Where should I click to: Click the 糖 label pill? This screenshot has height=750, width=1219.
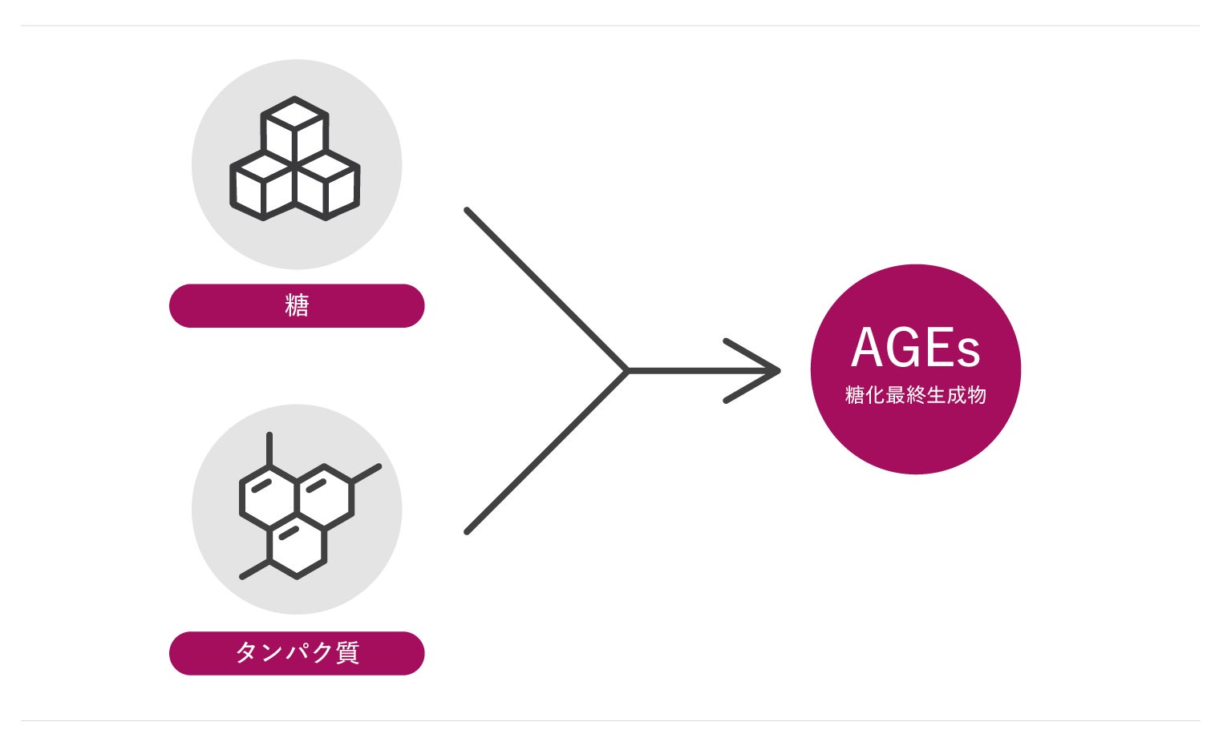tap(296, 305)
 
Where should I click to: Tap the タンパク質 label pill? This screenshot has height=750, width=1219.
tap(296, 653)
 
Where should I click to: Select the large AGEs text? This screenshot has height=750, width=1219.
tap(915, 349)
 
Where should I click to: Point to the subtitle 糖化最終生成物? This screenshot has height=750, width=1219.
tap(915, 395)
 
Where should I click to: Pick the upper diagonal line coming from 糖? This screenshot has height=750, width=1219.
tap(545, 289)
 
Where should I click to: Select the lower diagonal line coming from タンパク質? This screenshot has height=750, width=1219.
tap(545, 452)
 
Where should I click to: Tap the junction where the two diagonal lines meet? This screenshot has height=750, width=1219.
tap(628, 370)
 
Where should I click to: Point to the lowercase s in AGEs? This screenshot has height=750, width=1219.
tap(969, 353)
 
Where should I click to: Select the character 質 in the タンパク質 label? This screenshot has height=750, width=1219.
tap(346, 653)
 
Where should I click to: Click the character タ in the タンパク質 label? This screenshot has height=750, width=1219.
tap(246, 653)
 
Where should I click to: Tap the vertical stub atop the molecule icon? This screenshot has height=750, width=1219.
tap(269, 449)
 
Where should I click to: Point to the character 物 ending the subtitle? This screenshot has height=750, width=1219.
tap(976, 395)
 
